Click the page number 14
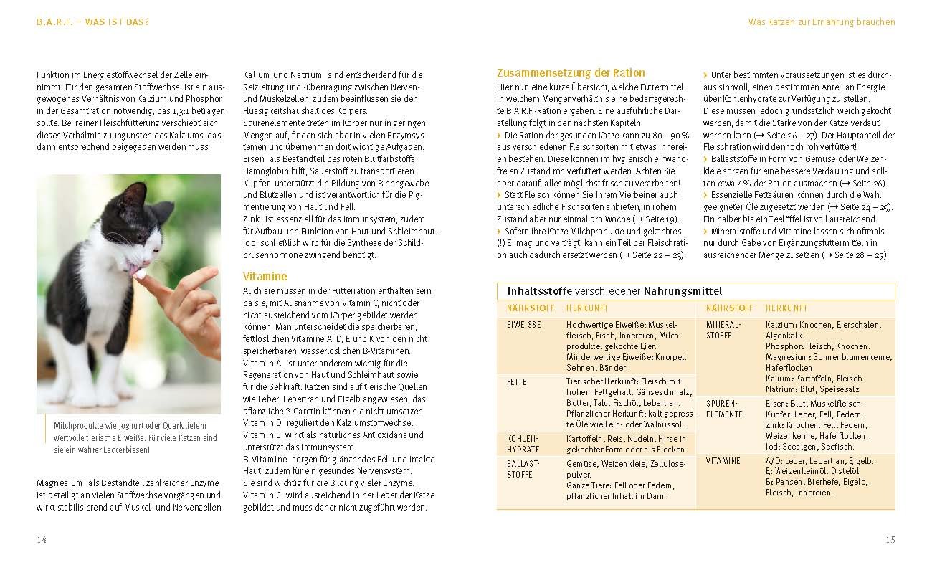point(42,540)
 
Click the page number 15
point(890,540)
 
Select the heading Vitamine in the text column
point(265,276)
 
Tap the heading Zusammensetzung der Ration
point(571,72)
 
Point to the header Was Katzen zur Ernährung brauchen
point(822,22)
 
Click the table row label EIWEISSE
point(524,325)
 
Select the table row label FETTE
point(517,382)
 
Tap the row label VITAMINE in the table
point(723,461)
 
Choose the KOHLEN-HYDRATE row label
point(523,444)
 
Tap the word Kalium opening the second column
point(256,75)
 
